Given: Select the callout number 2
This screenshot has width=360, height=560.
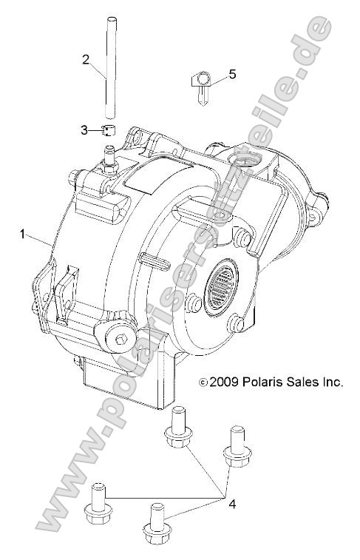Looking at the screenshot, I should click(86, 59).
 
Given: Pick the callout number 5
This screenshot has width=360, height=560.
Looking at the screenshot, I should click(233, 74).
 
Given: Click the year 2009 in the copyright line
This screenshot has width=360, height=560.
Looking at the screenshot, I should click(223, 382).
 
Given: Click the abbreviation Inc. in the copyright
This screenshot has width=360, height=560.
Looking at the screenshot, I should click(333, 382).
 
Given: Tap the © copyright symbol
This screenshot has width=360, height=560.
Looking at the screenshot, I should click(203, 383).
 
